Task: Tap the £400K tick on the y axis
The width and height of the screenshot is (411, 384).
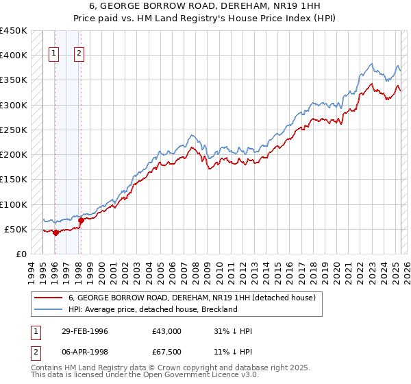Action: pyautogui.click(x=14, y=56)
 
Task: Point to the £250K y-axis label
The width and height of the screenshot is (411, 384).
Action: pyautogui.click(x=14, y=130)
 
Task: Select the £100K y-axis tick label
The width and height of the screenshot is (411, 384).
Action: pyautogui.click(x=14, y=204)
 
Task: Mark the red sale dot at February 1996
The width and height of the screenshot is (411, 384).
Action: pyautogui.click(x=55, y=232)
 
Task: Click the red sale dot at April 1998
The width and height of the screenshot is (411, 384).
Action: pyautogui.click(x=81, y=220)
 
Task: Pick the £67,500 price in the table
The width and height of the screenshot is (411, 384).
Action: pyautogui.click(x=167, y=352)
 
